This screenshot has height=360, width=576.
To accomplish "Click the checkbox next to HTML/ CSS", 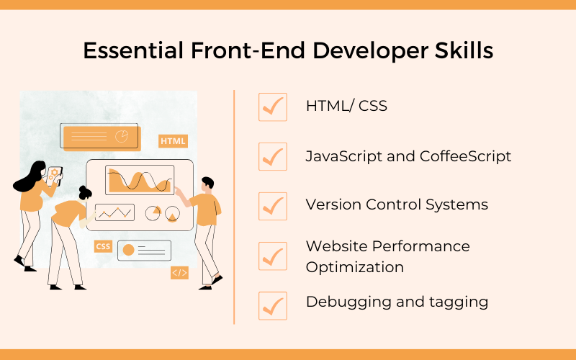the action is click(273, 107).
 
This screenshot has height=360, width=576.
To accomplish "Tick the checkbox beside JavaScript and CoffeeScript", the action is click(273, 156).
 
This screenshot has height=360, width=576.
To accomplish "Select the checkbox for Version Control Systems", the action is click(273, 206).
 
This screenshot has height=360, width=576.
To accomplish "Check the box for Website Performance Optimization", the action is click(273, 256).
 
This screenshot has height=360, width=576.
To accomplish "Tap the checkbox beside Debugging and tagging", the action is click(273, 305).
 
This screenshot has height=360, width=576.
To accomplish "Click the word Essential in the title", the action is click(133, 50).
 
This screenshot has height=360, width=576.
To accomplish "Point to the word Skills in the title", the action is click(464, 50).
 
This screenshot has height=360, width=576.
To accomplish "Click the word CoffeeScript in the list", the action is click(465, 156).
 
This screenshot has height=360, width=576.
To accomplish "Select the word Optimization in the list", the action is click(354, 267).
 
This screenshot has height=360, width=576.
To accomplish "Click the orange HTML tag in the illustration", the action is click(173, 141).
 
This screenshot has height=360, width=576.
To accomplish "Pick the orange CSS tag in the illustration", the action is click(103, 246).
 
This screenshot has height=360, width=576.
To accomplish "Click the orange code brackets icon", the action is click(179, 273).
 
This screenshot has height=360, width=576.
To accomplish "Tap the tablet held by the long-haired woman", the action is click(55, 175).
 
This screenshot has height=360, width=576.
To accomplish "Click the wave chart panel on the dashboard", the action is click(140, 179).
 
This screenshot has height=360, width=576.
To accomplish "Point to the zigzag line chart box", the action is click(114, 212).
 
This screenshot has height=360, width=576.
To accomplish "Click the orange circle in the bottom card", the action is click(128, 250).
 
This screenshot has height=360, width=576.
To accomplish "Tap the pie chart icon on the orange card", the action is click(122, 136).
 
